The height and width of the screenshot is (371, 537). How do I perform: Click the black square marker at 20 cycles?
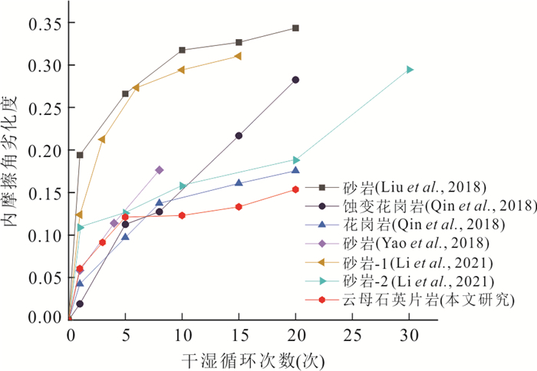coord(295,28)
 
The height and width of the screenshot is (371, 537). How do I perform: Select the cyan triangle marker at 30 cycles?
coord(410,70)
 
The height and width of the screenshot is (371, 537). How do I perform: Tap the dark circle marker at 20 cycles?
coord(295,80)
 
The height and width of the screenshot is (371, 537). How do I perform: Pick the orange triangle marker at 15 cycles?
coord(238,56)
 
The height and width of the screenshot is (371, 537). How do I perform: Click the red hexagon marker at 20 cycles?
coord(295,189)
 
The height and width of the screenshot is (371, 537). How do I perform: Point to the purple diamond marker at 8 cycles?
coord(160,169)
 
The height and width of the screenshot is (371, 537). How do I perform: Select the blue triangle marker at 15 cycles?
coord(239,182)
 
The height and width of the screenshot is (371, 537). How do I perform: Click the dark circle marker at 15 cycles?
coord(239,136)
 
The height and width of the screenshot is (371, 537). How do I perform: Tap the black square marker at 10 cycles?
coord(183,51)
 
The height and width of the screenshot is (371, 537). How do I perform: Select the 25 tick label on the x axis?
coord(351,336)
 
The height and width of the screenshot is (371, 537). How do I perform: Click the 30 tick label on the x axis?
coord(408,336)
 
